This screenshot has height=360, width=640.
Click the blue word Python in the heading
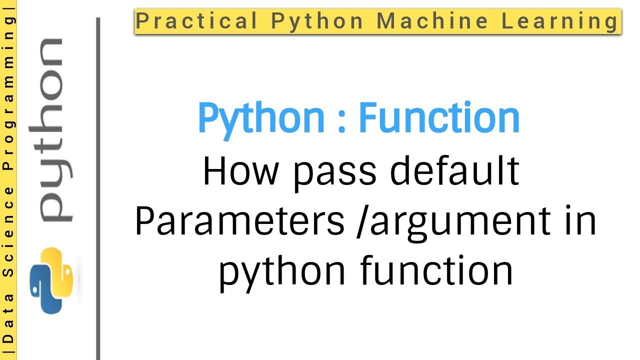click(261, 119)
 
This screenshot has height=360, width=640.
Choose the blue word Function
click(439, 118)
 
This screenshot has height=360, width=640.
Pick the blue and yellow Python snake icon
click(51, 280)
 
